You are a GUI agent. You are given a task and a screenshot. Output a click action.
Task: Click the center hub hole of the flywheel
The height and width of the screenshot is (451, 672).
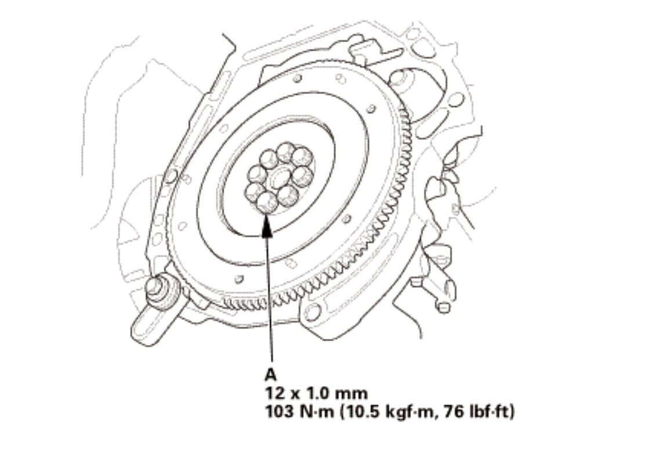pyautogui.click(x=279, y=176)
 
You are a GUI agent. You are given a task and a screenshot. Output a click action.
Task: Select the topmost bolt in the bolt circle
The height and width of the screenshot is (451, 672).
pyautogui.click(x=285, y=152)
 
